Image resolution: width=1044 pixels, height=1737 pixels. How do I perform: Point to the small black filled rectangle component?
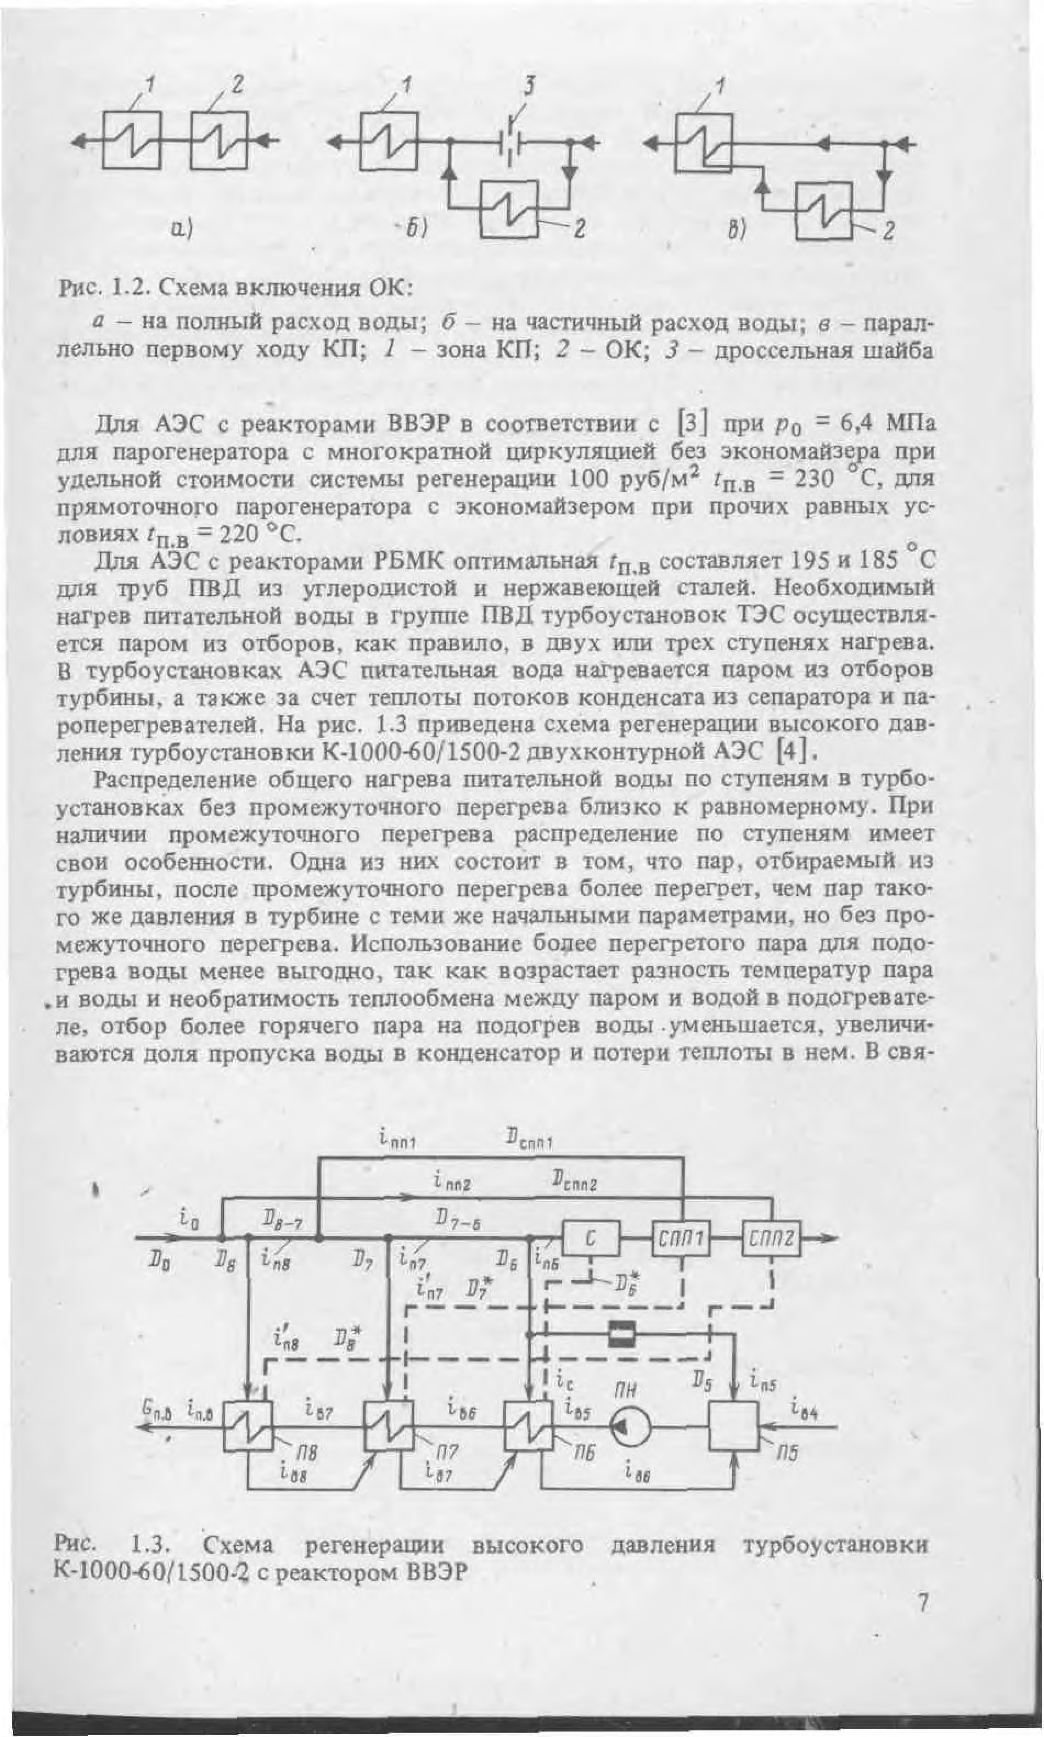coord(622,1333)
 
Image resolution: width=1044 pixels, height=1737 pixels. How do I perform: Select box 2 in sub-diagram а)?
coord(220,140)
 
